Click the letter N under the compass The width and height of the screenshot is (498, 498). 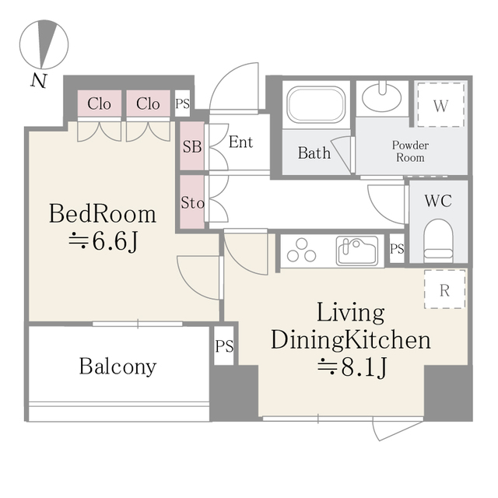37,80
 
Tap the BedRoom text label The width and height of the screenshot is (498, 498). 103,213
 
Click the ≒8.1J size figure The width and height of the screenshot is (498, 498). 350,368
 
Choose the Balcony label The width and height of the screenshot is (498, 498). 117,366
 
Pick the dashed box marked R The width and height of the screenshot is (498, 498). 444,291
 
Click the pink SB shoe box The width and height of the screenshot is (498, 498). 191,146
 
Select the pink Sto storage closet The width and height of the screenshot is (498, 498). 191,203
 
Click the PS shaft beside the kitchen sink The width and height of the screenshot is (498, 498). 397,249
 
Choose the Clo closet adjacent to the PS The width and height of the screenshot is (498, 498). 149,103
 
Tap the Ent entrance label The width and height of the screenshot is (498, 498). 240,142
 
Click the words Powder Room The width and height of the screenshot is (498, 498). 410,151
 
